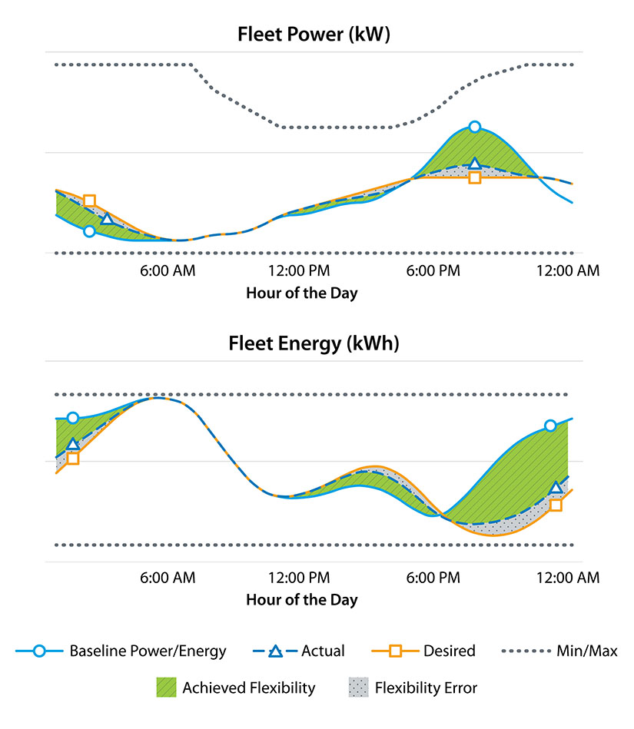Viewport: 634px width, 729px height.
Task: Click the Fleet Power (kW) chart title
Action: (x=314, y=35)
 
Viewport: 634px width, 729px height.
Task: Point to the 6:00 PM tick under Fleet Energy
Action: (x=433, y=578)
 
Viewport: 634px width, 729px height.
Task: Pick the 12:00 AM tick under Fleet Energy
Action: (x=567, y=578)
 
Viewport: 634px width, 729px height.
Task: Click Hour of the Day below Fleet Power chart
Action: (x=301, y=293)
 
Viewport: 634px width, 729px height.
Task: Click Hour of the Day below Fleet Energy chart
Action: (x=301, y=600)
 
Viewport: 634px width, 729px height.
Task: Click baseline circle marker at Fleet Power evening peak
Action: (x=475, y=127)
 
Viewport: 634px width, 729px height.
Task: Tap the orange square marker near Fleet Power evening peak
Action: (x=475, y=177)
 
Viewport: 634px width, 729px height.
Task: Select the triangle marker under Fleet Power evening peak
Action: (x=475, y=164)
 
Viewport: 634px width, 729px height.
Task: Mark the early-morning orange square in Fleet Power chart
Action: (x=89, y=201)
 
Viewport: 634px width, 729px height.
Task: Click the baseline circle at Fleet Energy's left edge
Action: (x=73, y=418)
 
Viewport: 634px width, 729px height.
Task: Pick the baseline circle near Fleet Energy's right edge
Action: (x=550, y=426)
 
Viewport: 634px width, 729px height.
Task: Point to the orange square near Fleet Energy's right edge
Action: (x=556, y=505)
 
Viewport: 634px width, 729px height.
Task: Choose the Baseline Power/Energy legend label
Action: (x=148, y=651)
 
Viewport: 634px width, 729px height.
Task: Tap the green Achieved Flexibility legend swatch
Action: (x=166, y=688)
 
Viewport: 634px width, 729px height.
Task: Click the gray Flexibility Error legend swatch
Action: (x=359, y=688)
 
